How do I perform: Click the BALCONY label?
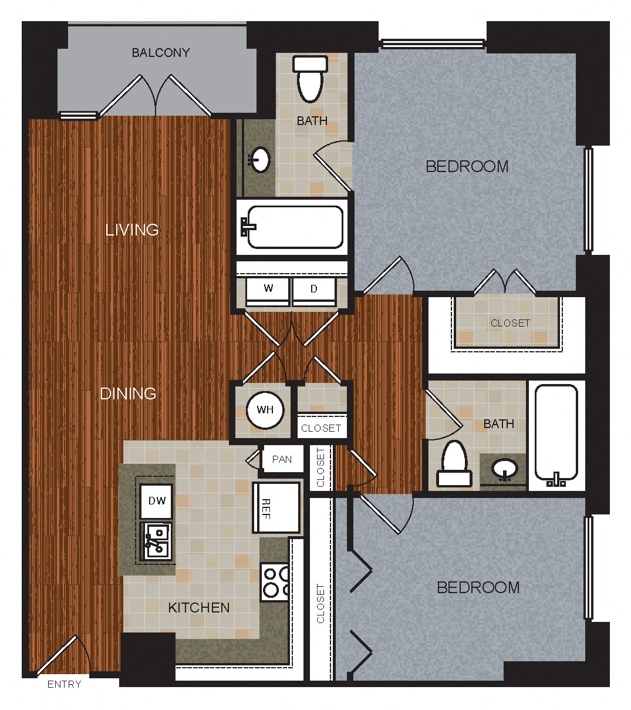[x=160, y=53]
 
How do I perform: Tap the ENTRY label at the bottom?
[x=64, y=684]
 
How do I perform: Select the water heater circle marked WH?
[x=265, y=410]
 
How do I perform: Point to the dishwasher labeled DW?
[x=157, y=501]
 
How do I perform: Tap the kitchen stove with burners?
[x=275, y=582]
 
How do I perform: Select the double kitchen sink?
[x=157, y=541]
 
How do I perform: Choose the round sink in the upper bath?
[x=259, y=159]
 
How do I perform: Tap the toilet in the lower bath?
[x=454, y=464]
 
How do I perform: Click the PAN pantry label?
[x=282, y=459]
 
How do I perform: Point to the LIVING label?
[x=132, y=230]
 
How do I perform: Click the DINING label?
[x=128, y=393]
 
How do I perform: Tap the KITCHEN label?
[x=199, y=607]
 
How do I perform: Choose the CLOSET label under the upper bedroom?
[x=510, y=323]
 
